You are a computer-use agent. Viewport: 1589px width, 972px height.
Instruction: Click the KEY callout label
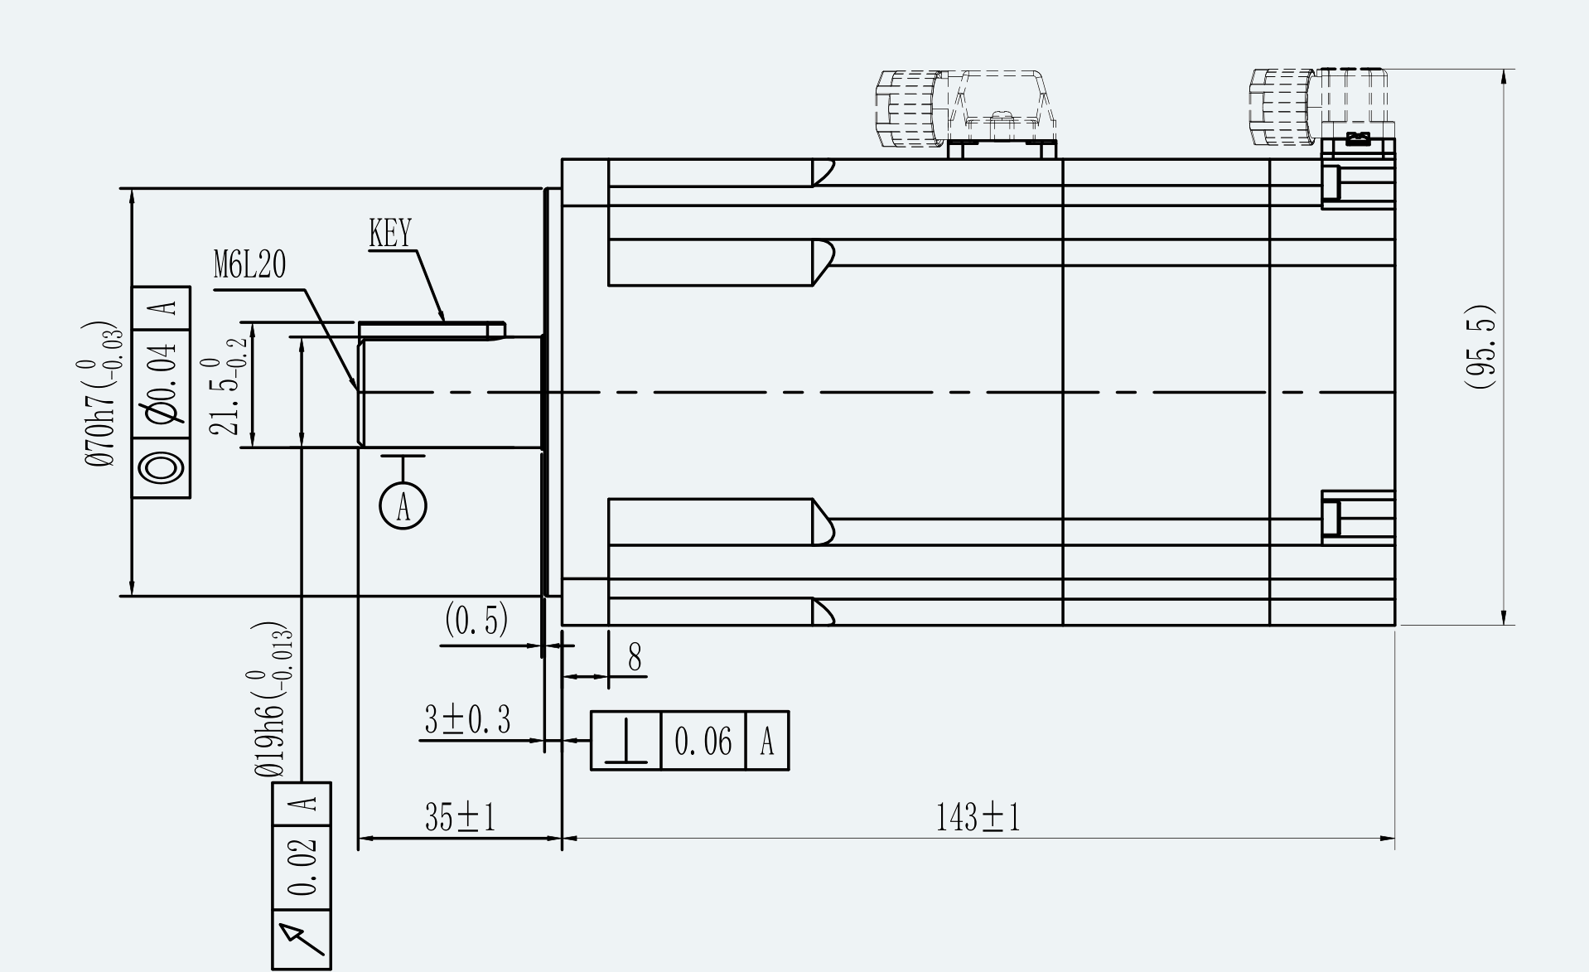tap(390, 234)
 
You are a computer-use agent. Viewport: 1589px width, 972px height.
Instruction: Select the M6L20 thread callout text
tap(249, 265)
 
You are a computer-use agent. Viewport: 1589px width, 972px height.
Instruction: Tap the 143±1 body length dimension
tap(978, 818)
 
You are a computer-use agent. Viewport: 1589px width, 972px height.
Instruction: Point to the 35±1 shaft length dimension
tap(460, 818)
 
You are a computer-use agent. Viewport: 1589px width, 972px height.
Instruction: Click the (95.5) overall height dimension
tap(1479, 346)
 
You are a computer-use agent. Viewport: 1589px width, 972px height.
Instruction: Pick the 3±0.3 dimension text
tap(467, 720)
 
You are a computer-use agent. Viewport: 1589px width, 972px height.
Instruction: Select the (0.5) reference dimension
tap(476, 619)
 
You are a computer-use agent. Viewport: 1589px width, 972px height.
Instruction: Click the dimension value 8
tap(635, 658)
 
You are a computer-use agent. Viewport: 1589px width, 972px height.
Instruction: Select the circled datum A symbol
tap(403, 505)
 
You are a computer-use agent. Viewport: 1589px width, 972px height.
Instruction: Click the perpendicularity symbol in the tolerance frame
tap(625, 741)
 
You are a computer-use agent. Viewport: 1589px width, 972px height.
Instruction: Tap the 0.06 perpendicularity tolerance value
tap(703, 741)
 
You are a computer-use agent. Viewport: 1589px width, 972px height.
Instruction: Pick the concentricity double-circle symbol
tap(162, 468)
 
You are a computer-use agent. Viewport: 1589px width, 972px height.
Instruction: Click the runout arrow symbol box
tap(302, 940)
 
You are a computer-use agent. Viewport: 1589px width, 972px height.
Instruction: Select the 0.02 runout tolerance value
tap(303, 868)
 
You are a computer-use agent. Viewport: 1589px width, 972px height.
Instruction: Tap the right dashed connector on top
tap(1322, 108)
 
